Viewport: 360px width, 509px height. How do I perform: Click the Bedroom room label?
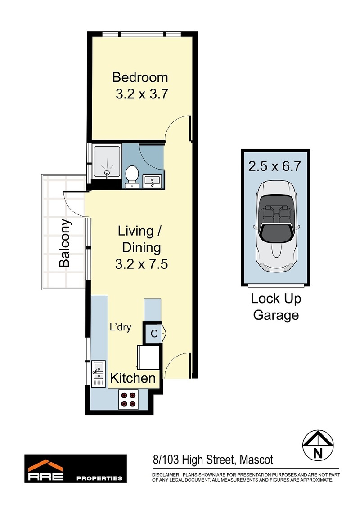(140, 77)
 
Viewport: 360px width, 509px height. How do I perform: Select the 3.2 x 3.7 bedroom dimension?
(142, 94)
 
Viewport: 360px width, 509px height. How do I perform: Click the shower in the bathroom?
(107, 162)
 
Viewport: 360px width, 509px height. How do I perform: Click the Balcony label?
(65, 243)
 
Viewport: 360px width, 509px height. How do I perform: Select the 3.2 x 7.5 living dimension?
(141, 264)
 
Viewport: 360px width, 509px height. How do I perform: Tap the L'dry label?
(121, 327)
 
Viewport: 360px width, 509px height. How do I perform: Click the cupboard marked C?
(154, 333)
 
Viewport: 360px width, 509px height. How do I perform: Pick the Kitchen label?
(133, 378)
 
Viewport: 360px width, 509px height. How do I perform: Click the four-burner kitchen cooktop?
(128, 400)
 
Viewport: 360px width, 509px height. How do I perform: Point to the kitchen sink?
(98, 374)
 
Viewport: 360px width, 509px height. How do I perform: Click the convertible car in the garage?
(275, 226)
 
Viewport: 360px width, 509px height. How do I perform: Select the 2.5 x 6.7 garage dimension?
(275, 166)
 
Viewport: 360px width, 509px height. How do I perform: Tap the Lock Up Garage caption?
(276, 307)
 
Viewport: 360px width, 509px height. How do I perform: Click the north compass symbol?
(318, 445)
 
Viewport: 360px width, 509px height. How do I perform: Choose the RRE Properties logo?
(76, 469)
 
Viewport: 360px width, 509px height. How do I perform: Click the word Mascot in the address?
(256, 460)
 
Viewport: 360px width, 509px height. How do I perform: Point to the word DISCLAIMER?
(166, 475)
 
